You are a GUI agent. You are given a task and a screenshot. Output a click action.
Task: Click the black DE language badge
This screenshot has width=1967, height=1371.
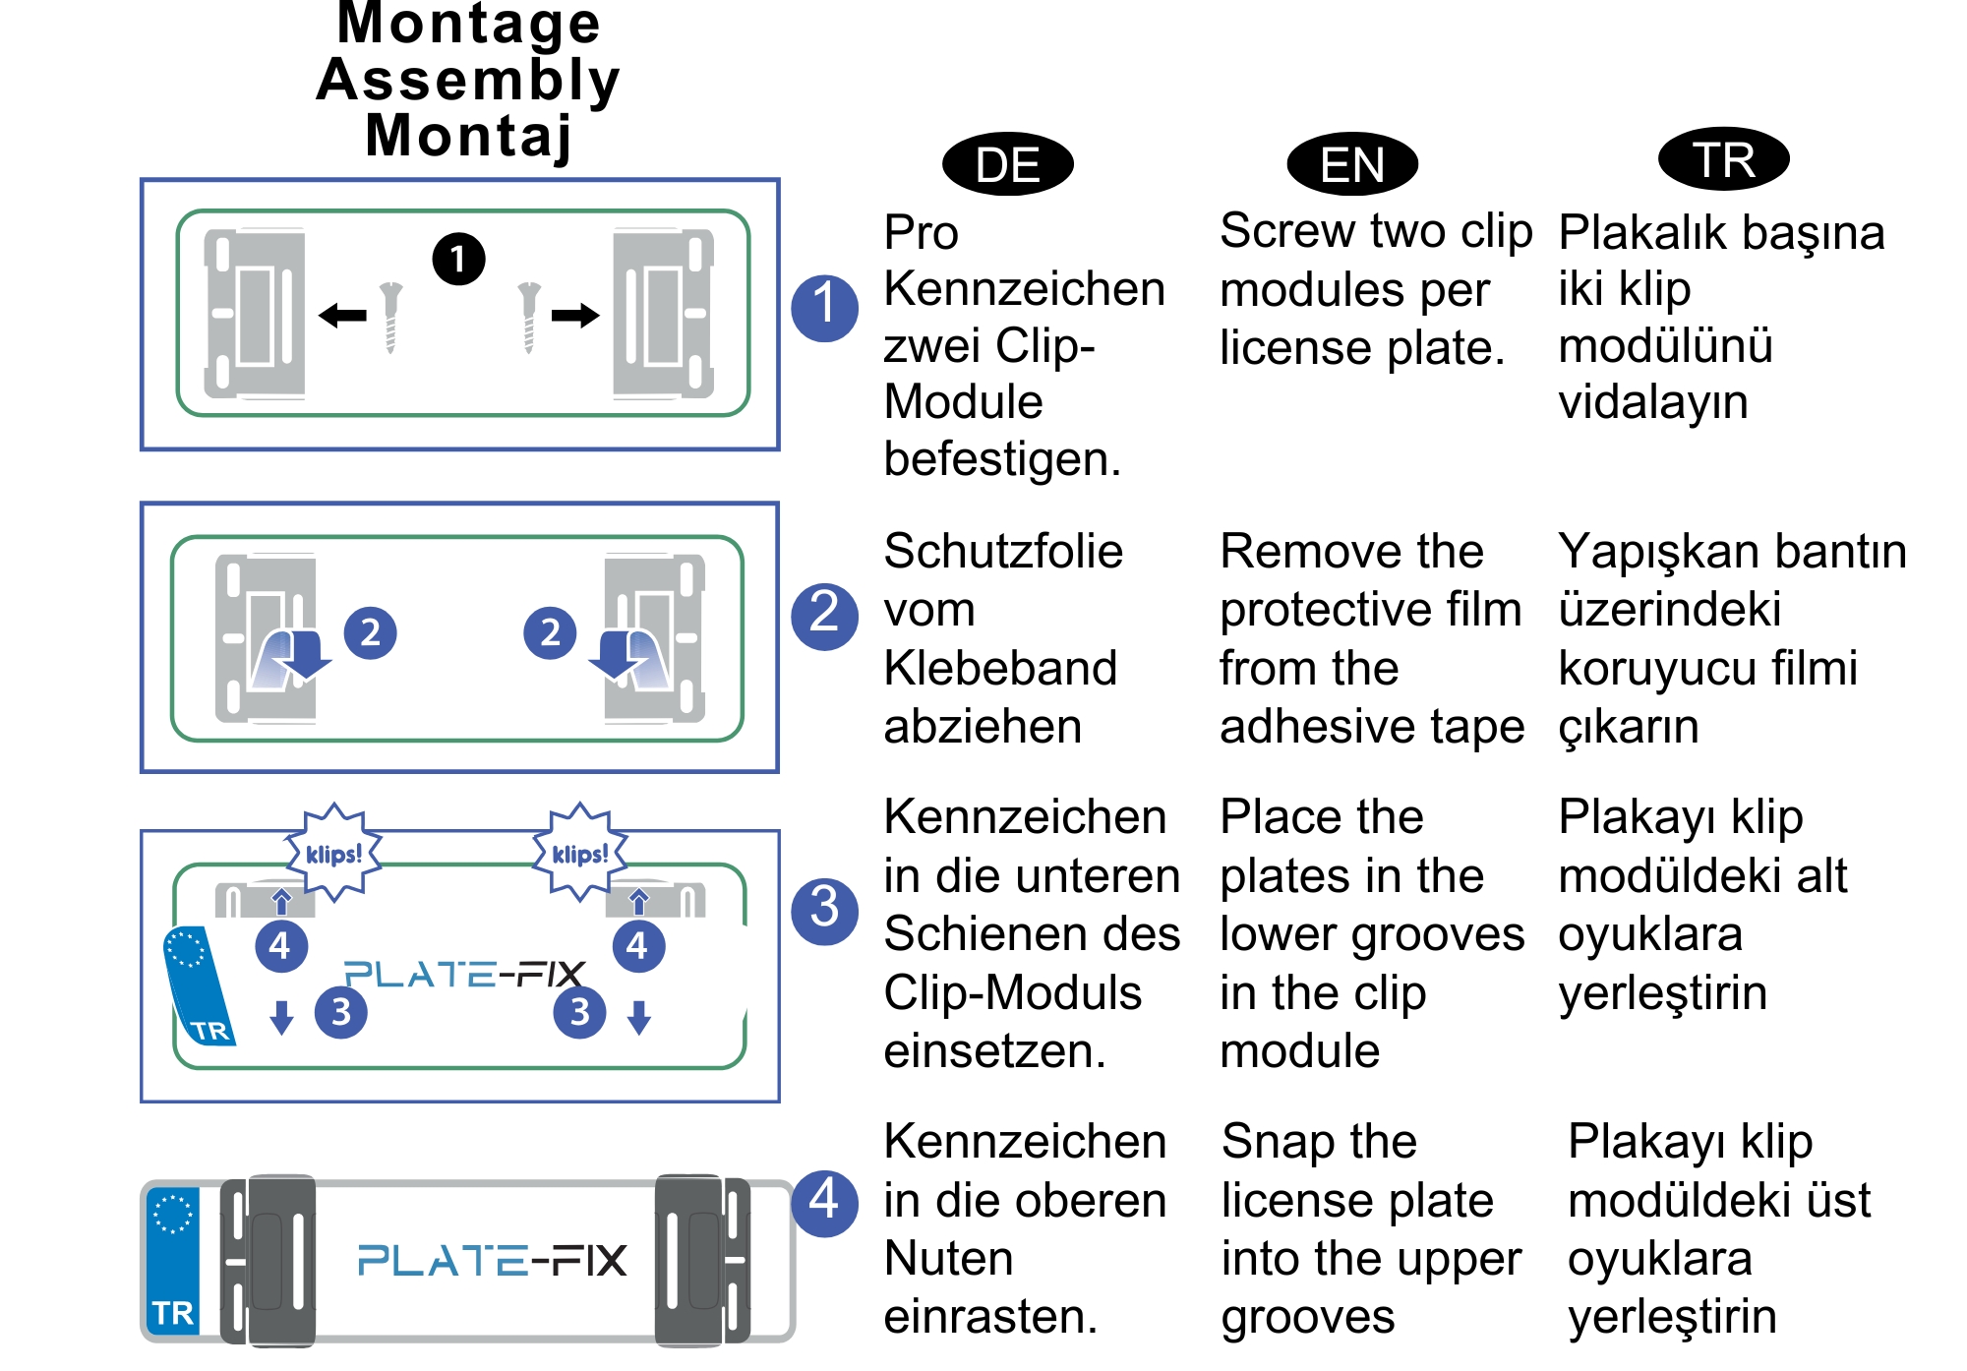[x=1007, y=164]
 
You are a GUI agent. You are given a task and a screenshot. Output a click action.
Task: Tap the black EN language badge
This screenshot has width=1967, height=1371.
[x=1352, y=164]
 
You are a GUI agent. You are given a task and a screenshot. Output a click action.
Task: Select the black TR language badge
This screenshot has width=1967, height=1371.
[x=1723, y=159]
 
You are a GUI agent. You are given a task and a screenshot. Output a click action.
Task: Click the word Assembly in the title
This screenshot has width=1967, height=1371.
[x=468, y=80]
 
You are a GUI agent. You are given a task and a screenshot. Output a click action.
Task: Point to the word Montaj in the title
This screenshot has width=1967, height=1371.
[x=468, y=136]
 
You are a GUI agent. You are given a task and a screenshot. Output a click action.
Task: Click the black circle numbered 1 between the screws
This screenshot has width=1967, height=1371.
[x=458, y=259]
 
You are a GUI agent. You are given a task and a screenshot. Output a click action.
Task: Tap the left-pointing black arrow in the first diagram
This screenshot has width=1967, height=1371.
[x=342, y=316]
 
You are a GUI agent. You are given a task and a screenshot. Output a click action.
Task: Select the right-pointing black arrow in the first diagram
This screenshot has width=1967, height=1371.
[x=575, y=316]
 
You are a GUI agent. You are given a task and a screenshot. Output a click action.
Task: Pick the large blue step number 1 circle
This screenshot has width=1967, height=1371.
[x=824, y=308]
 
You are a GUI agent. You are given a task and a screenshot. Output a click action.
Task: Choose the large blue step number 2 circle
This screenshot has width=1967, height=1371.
[x=824, y=616]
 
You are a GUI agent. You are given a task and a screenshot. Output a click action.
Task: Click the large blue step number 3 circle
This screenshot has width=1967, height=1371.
[x=824, y=911]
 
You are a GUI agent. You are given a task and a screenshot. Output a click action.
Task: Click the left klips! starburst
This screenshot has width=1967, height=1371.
[x=334, y=853]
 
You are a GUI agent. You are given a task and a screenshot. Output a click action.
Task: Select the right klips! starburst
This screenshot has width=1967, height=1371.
[x=580, y=853]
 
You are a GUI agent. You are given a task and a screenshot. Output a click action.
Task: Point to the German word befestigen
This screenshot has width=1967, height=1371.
[x=1001, y=459]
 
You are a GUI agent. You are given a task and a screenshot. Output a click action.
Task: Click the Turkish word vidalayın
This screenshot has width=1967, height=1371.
[x=1653, y=402]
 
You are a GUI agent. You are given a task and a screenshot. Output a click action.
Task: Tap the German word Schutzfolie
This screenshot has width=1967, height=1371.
[x=1003, y=552]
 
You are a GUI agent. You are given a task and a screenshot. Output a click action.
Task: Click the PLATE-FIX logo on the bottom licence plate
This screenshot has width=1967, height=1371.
[x=492, y=1260]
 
